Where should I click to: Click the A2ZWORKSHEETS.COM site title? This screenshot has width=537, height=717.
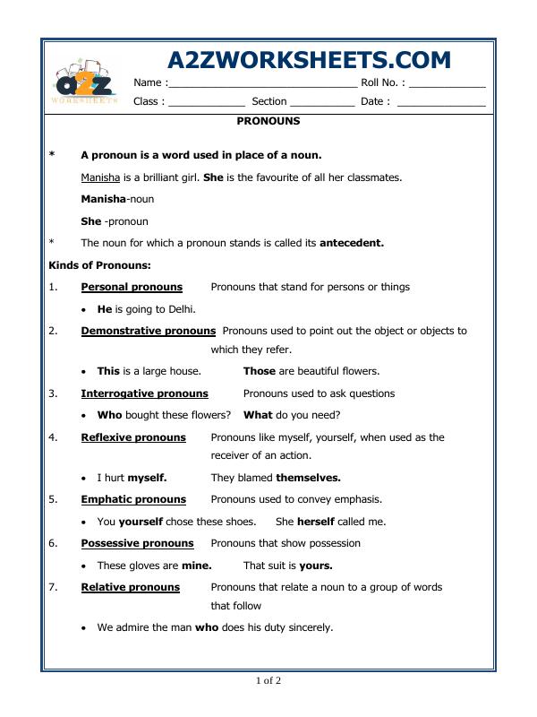[x=309, y=59]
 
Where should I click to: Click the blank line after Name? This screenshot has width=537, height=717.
[x=262, y=83]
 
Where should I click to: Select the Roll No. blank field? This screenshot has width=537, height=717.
[x=447, y=83]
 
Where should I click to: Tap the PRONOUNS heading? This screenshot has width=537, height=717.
[x=268, y=120]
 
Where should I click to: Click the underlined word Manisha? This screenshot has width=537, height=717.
[x=99, y=177]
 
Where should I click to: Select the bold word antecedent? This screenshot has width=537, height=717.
[x=352, y=243]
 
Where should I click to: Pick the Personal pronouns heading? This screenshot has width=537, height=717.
[x=132, y=287]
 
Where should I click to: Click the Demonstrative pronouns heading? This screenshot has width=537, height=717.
[x=149, y=331]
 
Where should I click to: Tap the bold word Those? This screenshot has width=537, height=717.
[x=260, y=371]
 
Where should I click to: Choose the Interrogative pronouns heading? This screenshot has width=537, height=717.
[x=144, y=393]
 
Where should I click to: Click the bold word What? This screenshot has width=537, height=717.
[x=258, y=415]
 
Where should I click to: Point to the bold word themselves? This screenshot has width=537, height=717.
[x=308, y=478]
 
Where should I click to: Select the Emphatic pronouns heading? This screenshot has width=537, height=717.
[x=133, y=499]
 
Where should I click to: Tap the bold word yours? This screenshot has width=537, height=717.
[x=315, y=566]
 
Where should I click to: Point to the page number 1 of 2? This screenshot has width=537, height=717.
[x=268, y=681]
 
